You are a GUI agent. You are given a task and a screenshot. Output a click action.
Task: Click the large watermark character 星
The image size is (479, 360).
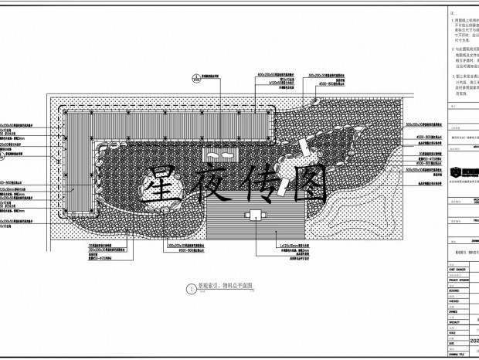pyautogui.click(x=164, y=185)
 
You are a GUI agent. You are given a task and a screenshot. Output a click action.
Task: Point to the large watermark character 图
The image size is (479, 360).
pyautogui.click(x=306, y=185)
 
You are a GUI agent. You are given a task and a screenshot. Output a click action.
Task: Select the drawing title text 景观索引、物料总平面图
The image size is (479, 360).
pyautogui.click(x=223, y=286)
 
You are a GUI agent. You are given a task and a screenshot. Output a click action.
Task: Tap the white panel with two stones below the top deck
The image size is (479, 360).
pyautogui.click(x=219, y=155)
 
